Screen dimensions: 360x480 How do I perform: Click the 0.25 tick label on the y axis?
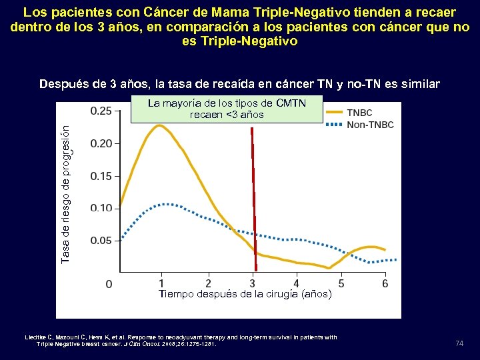[101, 111]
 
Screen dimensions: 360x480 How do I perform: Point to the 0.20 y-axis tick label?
[101, 143]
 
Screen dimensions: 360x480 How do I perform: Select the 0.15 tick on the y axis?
[101, 175]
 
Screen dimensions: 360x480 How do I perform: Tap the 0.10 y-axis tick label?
[101, 208]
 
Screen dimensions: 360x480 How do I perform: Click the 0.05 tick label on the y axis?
[101, 240]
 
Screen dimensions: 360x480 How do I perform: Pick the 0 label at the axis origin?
[109, 284]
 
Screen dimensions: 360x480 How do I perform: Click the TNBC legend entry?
[359, 113]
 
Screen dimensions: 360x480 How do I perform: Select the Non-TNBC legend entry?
[370, 125]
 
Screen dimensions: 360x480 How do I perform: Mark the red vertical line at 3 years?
[253, 200]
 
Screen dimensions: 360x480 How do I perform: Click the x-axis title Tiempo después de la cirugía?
[245, 294]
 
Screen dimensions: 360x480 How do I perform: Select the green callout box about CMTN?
[226, 109]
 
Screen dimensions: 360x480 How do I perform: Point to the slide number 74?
[459, 343]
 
